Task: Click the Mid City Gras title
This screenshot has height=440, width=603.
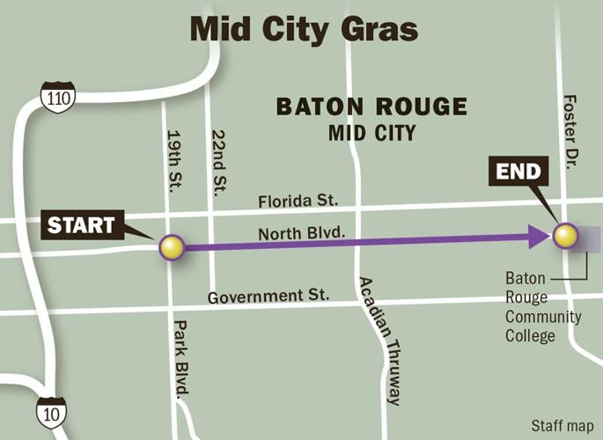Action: pyautogui.click(x=303, y=29)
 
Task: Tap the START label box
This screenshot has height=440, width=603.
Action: pyautogui.click(x=80, y=225)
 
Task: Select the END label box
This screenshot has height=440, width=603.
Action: pyautogui.click(x=517, y=172)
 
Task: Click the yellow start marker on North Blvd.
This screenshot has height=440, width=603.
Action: pyautogui.click(x=172, y=247)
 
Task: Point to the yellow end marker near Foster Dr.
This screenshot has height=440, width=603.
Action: pyautogui.click(x=564, y=235)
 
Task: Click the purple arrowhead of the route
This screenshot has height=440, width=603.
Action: pyautogui.click(x=538, y=236)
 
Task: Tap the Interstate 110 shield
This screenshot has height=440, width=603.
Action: pyautogui.click(x=57, y=95)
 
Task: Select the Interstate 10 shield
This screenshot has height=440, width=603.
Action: pyautogui.click(x=50, y=411)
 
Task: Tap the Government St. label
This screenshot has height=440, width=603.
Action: pyautogui.click(x=268, y=297)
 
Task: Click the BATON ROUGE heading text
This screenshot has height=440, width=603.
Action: pyautogui.click(x=371, y=107)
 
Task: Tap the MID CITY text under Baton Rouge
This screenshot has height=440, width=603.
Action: pyautogui.click(x=371, y=133)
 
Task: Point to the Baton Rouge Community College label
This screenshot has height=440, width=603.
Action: pyautogui.click(x=542, y=306)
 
